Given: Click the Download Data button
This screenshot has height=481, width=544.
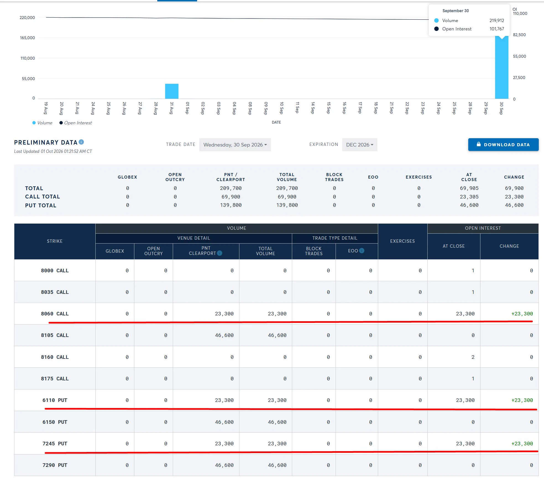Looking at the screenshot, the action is [503, 145].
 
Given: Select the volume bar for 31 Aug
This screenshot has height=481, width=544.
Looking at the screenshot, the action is [172, 91].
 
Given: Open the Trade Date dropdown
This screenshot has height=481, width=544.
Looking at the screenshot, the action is [235, 145].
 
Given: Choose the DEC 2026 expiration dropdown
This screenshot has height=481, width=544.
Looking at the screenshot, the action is [360, 145].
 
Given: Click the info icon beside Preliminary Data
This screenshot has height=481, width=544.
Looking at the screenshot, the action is [81, 142].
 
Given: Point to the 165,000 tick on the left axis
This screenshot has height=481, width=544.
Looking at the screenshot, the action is [27, 38].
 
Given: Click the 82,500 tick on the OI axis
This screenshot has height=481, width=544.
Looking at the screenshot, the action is [519, 35].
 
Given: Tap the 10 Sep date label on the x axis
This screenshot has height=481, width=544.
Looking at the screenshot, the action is [281, 108].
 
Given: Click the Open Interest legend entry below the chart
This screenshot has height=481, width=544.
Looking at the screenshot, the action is [75, 123].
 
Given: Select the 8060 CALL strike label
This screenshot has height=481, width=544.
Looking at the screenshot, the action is [55, 314].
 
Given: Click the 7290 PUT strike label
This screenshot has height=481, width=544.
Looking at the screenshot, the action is [55, 465].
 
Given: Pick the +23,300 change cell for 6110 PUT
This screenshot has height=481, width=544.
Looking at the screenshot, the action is [522, 400].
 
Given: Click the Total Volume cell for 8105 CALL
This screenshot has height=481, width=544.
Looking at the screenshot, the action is [277, 335].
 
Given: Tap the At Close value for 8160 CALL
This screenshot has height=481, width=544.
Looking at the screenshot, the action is [473, 357].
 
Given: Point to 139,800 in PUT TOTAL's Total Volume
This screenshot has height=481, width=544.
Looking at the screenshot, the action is [287, 205].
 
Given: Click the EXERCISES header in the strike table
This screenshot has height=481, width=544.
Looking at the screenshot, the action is [402, 241].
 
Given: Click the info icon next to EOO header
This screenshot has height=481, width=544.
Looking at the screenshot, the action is [362, 251].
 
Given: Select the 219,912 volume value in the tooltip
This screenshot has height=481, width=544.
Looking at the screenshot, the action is [497, 20].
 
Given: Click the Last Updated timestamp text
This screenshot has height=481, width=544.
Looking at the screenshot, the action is [53, 151].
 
